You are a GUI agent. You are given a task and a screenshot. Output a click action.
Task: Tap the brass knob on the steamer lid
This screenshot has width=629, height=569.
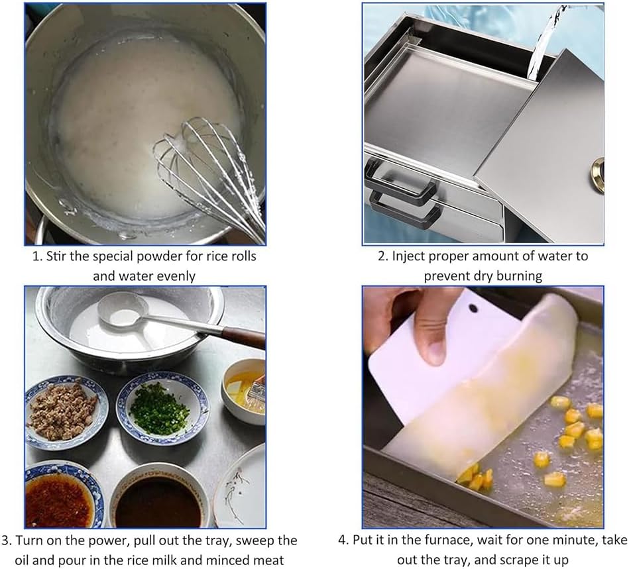pyautogui.click(x=599, y=166)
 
